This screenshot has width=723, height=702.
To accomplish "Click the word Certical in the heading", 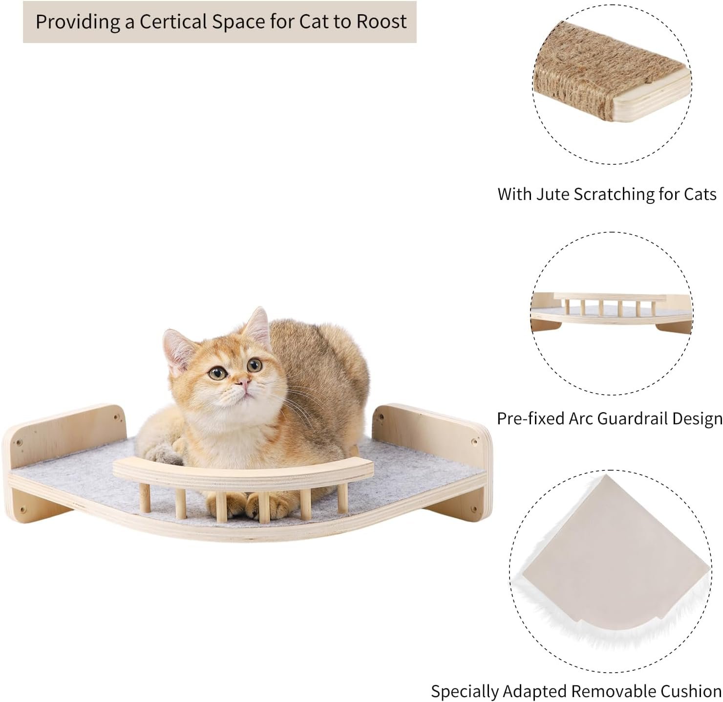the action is (x=173, y=22).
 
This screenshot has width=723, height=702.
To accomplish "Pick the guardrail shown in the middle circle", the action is (x=609, y=303).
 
